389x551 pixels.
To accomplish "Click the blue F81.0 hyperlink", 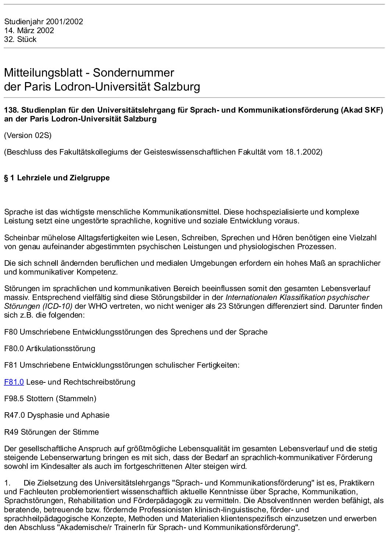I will (14, 382).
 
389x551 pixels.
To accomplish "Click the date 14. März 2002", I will (29, 31).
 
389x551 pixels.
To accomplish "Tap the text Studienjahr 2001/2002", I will (43, 22).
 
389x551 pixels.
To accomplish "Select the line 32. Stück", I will (20, 39).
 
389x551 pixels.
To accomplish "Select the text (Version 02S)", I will (28, 135).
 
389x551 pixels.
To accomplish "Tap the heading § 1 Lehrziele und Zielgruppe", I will (57, 178).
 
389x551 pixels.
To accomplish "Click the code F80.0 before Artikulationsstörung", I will (14, 349).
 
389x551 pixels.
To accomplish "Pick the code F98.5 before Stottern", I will (14, 399).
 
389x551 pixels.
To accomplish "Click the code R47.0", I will (14, 415).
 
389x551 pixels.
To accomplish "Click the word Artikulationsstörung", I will (61, 349).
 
